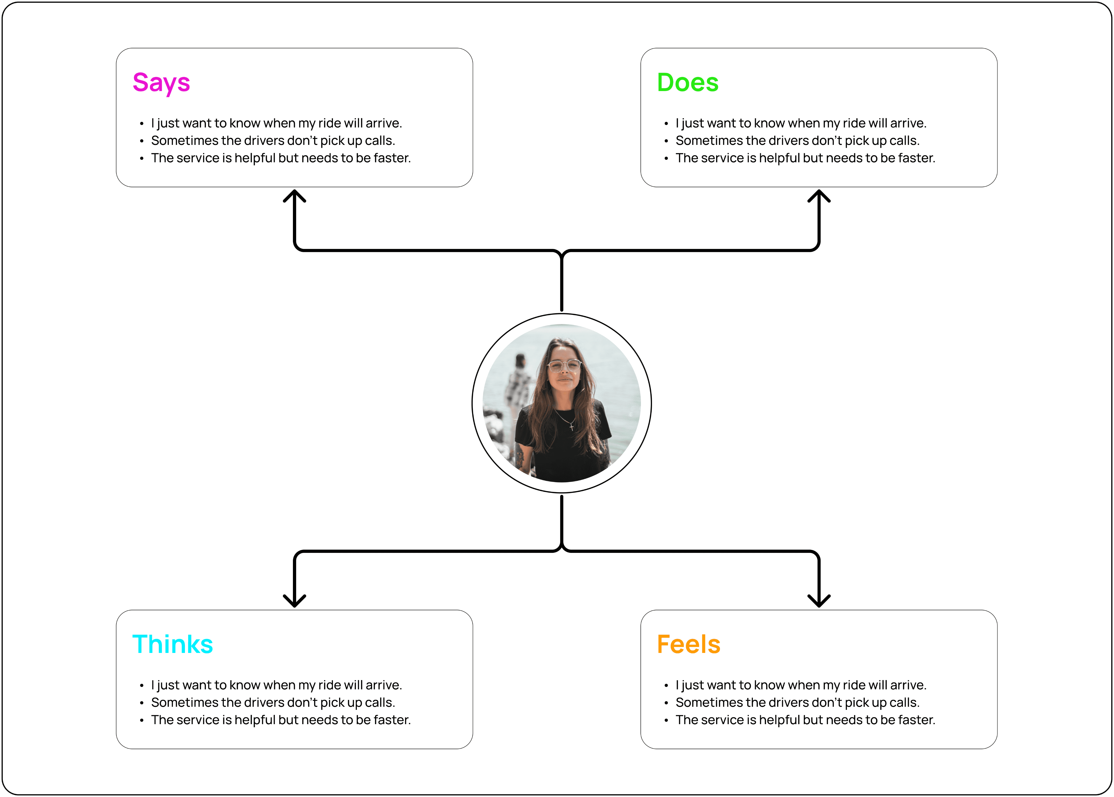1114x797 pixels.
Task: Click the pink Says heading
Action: click(x=161, y=82)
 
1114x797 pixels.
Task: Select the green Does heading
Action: click(x=687, y=82)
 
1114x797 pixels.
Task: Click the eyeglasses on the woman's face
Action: click(x=564, y=366)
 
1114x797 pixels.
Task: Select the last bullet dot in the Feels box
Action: click(x=666, y=720)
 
